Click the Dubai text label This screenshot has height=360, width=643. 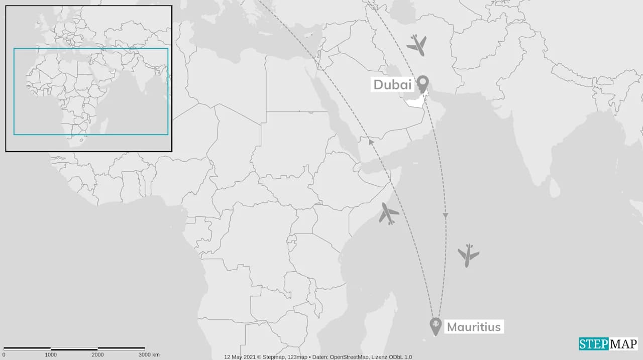tap(392, 85)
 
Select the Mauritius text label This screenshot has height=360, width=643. tap(473, 327)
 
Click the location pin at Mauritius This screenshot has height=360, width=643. tap(436, 326)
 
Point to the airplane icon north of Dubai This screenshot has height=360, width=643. tap(416, 45)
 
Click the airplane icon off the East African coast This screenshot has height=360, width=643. tap(388, 213)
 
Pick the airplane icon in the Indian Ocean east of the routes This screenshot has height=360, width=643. tap(468, 255)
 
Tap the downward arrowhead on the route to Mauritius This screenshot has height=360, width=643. tap(445, 215)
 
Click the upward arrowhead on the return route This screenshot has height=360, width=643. tap(371, 142)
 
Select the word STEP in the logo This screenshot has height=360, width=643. tap(594, 344)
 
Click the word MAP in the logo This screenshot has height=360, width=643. tap(623, 344)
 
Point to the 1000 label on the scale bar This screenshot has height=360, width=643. tap(51, 355)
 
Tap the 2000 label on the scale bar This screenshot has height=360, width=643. tap(97, 355)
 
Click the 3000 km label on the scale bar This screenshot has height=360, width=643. tap(149, 355)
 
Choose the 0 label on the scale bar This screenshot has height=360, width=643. tap(4, 355)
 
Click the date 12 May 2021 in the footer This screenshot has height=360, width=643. tap(240, 357)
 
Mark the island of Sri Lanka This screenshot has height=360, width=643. tap(555, 188)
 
